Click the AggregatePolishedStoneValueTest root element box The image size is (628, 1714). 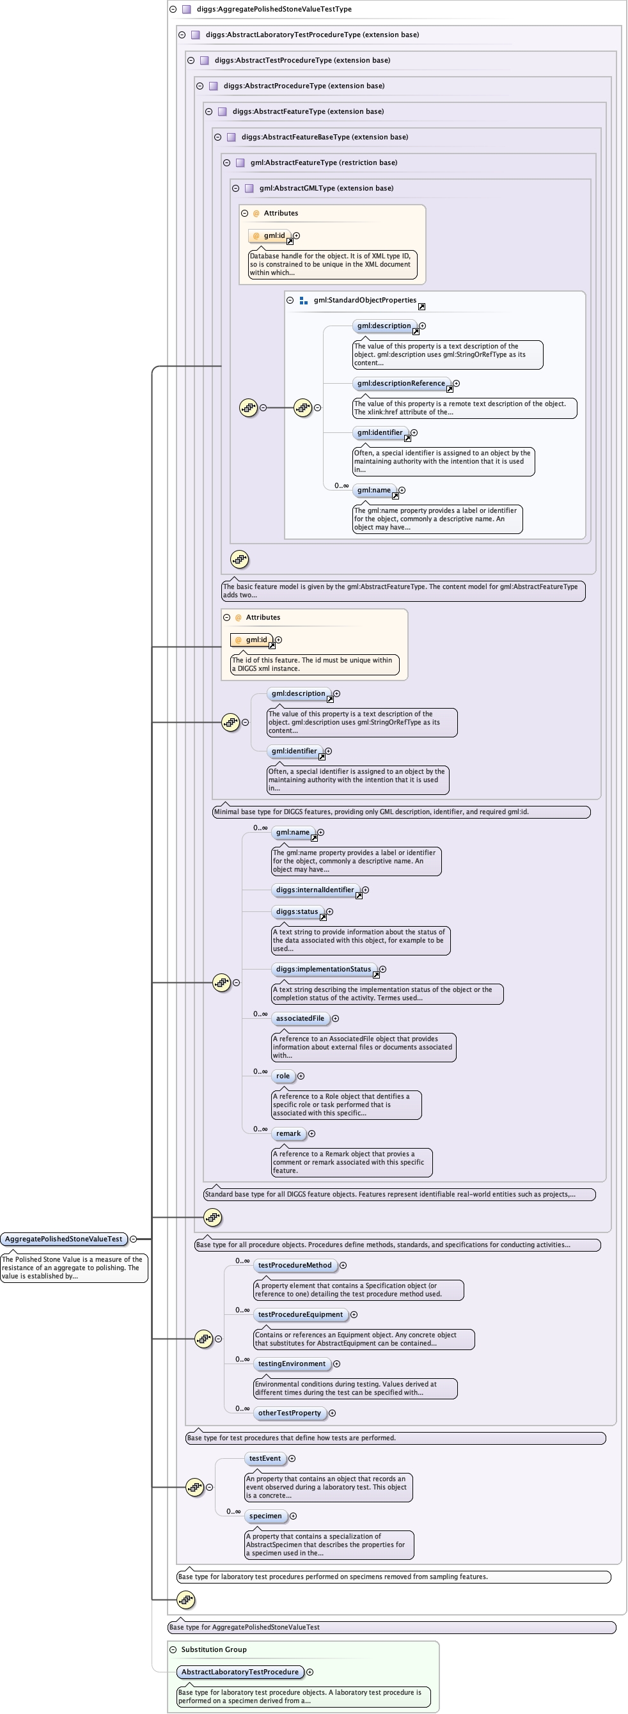click(64, 1239)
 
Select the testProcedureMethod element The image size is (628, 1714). click(294, 1265)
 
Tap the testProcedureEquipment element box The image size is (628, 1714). click(300, 1314)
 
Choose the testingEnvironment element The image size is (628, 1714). click(292, 1364)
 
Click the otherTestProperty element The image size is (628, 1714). click(290, 1413)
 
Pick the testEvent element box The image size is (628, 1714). click(265, 1458)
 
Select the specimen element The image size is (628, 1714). click(265, 1516)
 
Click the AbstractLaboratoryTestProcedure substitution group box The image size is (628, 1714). click(239, 1671)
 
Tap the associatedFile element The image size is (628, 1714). click(300, 1018)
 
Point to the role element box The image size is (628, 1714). click(283, 1076)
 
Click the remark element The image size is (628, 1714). click(288, 1133)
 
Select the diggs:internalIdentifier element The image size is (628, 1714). click(315, 890)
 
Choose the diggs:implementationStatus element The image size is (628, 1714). click(324, 969)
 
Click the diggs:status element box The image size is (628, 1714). click(297, 911)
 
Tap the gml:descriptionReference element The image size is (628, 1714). click(400, 383)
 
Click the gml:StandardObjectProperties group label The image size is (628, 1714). click(365, 300)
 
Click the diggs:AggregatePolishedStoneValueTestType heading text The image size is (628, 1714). click(274, 10)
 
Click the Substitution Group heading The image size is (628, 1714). click(214, 1649)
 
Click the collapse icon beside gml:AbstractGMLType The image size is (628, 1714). click(235, 188)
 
